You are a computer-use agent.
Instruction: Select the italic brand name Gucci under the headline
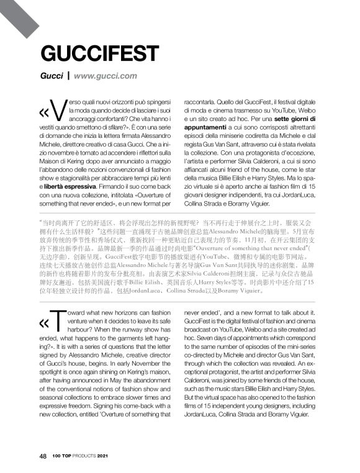tap(52, 76)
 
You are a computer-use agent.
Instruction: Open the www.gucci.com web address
tap(105, 76)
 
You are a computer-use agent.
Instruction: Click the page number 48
tap(43, 456)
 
